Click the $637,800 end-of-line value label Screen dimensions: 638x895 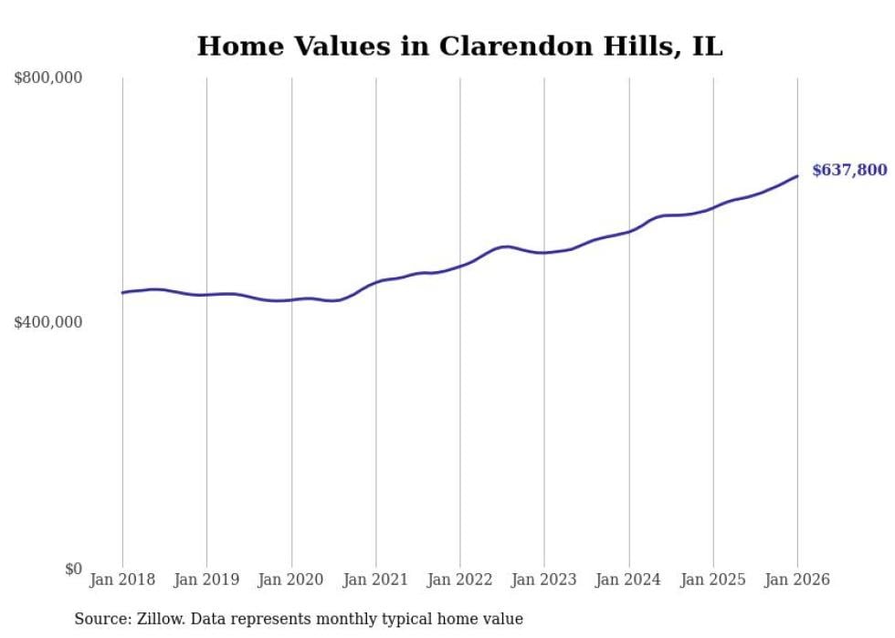click(x=848, y=170)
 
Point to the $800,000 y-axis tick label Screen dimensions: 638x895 click(x=47, y=78)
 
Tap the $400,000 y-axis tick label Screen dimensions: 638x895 click(x=47, y=322)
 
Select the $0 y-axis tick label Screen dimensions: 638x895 click(x=72, y=569)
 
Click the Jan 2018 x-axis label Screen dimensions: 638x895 click(x=122, y=580)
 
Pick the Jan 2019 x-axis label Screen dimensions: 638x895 click(x=206, y=580)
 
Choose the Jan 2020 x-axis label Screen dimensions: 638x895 click(x=291, y=580)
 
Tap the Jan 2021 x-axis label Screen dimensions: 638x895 click(x=375, y=580)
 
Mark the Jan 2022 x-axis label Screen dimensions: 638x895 click(x=460, y=580)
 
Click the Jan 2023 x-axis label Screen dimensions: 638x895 click(x=544, y=580)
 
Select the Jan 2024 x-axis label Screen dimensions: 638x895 click(x=628, y=580)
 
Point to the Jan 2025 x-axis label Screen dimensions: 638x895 click(x=713, y=580)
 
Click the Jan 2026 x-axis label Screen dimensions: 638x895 click(x=797, y=580)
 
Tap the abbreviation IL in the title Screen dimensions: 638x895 click(x=706, y=46)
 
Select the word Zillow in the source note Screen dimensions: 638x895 click(x=161, y=620)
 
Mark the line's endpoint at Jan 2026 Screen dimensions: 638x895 click(x=797, y=176)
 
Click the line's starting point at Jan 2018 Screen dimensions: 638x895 click(x=122, y=293)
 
